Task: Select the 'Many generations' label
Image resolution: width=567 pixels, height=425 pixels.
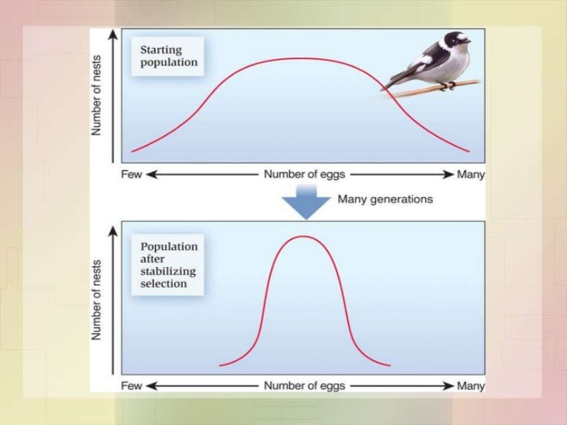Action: click(385, 199)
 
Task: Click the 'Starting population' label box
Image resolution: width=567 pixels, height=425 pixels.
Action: click(168, 56)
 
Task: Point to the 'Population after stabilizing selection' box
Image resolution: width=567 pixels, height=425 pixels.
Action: click(168, 265)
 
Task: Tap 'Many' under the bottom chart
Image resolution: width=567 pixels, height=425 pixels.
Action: click(470, 385)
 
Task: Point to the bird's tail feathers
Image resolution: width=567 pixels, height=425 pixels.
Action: click(393, 81)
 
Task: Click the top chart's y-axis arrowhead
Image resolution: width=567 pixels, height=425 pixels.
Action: click(115, 34)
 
